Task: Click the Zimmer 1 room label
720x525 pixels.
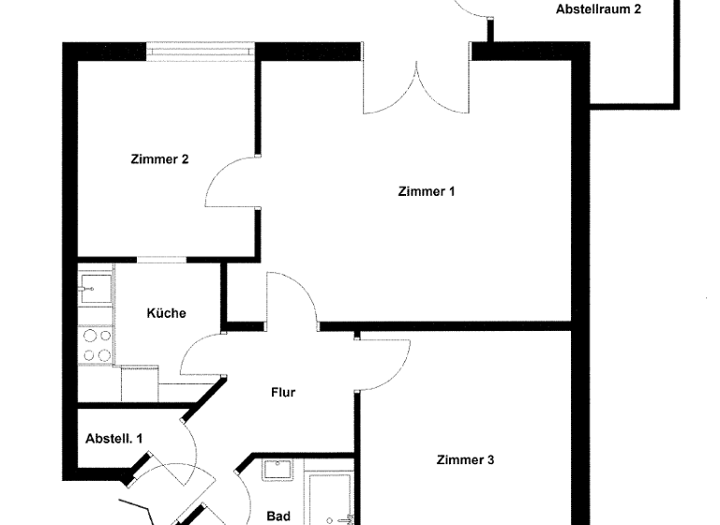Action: [x=427, y=192]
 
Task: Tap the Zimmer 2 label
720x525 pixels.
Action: [x=159, y=159]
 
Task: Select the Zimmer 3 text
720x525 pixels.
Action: [x=465, y=460]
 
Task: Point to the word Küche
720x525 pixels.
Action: [x=166, y=313]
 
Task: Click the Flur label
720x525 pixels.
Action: [x=283, y=392]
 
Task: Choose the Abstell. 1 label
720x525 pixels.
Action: [x=114, y=438]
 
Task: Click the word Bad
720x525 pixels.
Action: [x=278, y=516]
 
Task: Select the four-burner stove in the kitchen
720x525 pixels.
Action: [x=95, y=344]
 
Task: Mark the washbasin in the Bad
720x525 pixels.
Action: [x=277, y=472]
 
